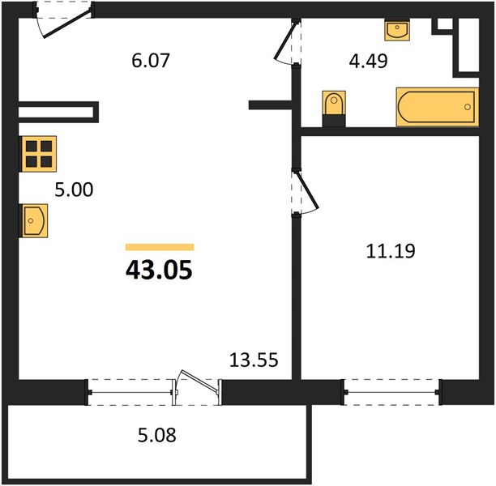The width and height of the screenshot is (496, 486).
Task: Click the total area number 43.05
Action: click(x=159, y=270)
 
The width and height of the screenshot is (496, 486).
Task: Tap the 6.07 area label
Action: click(x=151, y=61)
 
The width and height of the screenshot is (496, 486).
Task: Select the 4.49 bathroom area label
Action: click(x=368, y=61)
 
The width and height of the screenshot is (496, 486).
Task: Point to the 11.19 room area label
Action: click(x=391, y=251)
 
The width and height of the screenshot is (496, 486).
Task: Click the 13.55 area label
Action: click(x=254, y=360)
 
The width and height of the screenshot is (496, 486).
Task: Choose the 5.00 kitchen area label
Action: click(x=74, y=190)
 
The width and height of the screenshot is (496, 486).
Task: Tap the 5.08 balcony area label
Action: click(x=157, y=435)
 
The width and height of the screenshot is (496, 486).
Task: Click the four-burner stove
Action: click(x=39, y=154)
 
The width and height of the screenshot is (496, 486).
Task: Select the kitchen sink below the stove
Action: click(x=34, y=220)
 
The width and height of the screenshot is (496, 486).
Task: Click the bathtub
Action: click(x=437, y=107)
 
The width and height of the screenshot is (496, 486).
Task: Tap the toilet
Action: click(x=334, y=109)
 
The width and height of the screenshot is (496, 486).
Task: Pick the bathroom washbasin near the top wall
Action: click(x=397, y=30)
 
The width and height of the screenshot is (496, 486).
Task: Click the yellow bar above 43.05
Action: click(x=160, y=247)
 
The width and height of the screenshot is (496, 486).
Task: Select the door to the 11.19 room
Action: click(x=305, y=192)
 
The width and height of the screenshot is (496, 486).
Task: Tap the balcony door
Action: click(x=197, y=388)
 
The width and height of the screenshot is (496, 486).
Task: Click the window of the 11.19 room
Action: click(x=391, y=392)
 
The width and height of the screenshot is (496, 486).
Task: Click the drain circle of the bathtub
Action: click(x=467, y=107)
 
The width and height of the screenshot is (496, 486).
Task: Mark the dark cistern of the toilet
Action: click(x=334, y=121)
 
